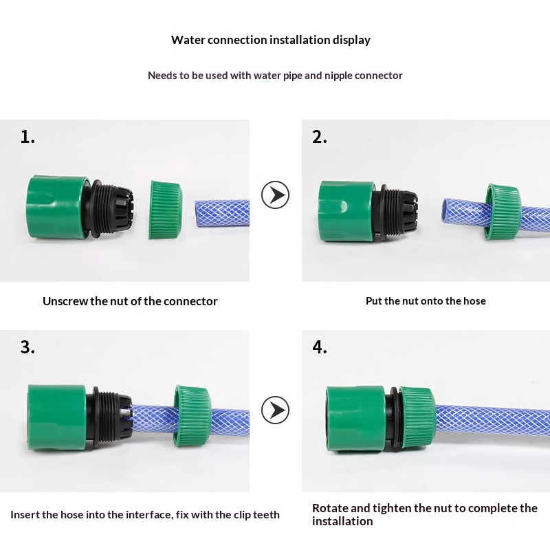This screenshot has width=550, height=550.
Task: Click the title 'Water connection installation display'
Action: (271, 40)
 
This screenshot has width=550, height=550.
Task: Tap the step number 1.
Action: (27, 137)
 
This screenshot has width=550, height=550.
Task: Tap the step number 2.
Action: (320, 137)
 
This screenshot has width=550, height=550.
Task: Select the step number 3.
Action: (27, 347)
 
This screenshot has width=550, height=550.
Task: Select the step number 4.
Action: (320, 347)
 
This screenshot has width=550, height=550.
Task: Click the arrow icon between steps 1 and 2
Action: (275, 195)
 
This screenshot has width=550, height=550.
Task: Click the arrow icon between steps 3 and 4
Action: (275, 410)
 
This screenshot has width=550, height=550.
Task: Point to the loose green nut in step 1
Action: (165, 209)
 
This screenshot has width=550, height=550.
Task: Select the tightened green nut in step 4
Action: (417, 415)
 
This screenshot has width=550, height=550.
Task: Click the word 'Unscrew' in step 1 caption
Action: (65, 301)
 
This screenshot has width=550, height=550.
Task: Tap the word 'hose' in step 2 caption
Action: (474, 301)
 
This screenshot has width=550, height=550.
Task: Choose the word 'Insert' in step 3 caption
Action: (25, 515)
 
